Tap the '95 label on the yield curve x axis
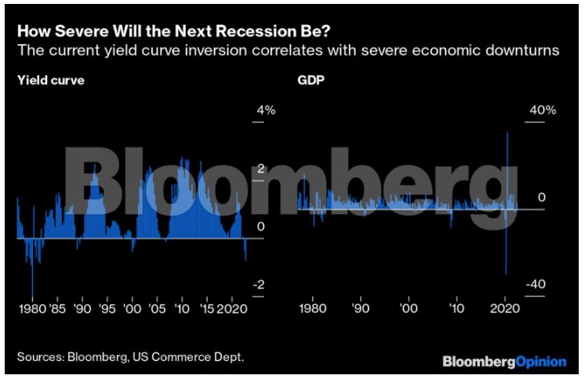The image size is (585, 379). [107, 309]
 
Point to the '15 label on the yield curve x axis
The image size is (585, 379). [207, 309]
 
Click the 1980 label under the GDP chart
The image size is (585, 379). [314, 309]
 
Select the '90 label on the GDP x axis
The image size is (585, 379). [360, 309]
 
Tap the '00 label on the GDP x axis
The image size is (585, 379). [408, 309]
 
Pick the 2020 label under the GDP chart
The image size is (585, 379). [502, 309]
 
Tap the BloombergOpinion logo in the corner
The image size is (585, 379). [504, 362]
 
